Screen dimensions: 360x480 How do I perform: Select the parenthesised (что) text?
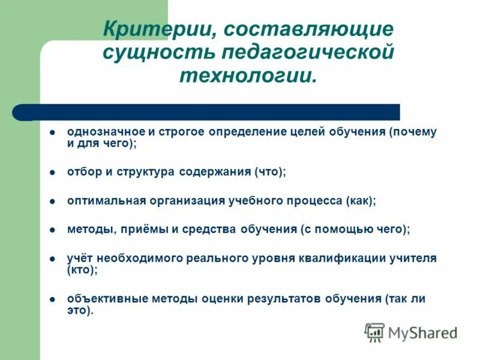click(x=270, y=172)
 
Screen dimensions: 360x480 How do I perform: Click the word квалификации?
click(x=338, y=259)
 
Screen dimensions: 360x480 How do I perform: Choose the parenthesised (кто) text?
click(x=82, y=270)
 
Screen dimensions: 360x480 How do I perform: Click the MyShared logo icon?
click(x=375, y=332)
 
